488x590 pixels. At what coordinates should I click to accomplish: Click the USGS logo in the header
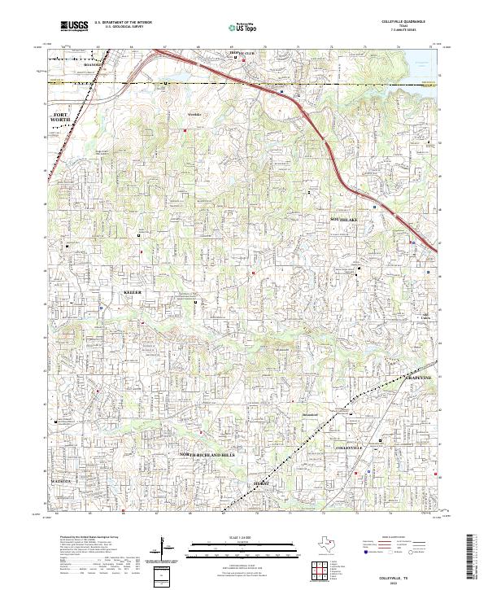(x=74, y=26)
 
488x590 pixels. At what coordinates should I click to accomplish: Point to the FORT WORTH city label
(x=61, y=118)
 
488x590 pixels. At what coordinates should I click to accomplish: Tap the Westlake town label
(x=193, y=115)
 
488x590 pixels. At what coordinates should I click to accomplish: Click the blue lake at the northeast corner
(x=426, y=57)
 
